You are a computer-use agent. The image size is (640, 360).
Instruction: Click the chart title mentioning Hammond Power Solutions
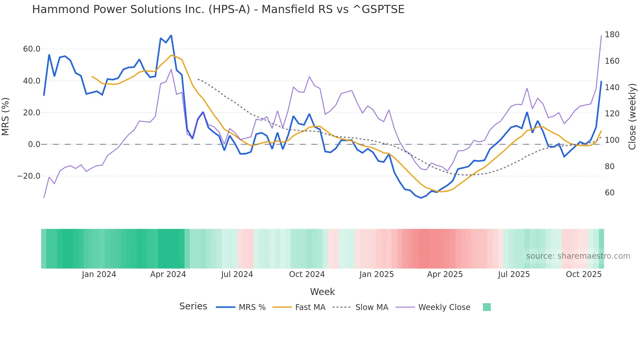pos(218,9)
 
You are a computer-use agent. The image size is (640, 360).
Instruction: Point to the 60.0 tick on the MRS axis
pos(32,49)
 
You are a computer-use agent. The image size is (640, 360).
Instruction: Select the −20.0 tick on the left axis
pos(29,176)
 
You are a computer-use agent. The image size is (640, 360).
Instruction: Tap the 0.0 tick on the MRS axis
pos(34,144)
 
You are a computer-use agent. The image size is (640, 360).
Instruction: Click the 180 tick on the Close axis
pos(612,35)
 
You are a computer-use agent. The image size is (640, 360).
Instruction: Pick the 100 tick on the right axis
pos(612,140)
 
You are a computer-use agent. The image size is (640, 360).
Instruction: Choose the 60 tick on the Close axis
pos(610,193)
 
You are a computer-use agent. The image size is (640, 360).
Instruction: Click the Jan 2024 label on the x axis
pos(99,274)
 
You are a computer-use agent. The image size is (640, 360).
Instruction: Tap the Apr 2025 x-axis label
pos(445,274)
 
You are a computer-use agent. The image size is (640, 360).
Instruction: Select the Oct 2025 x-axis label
pos(584,274)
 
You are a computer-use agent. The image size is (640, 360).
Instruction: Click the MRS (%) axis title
pos(6,117)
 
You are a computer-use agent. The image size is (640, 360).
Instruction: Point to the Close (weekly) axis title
pos(632,117)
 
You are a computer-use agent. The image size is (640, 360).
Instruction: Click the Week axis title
pos(322,292)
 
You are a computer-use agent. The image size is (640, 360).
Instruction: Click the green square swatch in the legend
pos(487,307)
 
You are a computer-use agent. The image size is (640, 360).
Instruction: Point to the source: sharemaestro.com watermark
pos(578,256)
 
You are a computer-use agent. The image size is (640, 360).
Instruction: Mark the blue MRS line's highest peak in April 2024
pos(171,36)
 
